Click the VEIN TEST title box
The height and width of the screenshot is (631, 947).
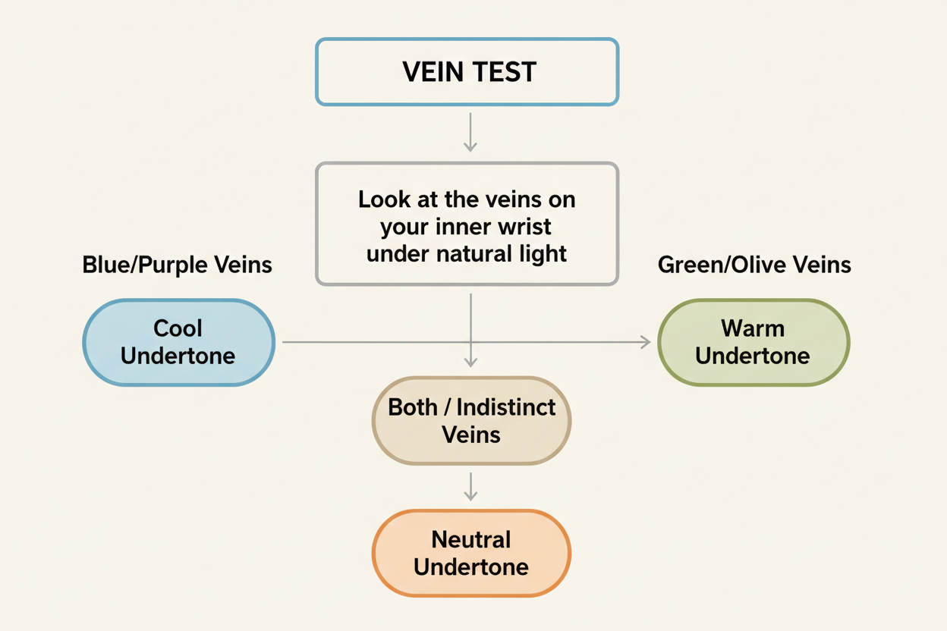click(467, 72)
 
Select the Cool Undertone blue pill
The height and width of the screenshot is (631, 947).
click(178, 342)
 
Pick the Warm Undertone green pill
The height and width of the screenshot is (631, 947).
click(753, 342)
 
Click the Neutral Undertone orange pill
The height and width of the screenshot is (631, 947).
click(471, 553)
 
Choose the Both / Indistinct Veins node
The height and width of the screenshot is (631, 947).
click(471, 420)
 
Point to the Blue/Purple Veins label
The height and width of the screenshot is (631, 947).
click(177, 265)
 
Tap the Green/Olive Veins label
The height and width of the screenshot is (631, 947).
click(754, 265)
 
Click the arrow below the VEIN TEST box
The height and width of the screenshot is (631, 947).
click(470, 133)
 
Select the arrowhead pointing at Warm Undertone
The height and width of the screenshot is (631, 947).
click(646, 342)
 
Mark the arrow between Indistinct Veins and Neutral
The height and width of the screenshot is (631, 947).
click(470, 486)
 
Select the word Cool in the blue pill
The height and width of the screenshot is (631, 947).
click(178, 328)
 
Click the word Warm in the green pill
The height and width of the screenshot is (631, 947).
click(753, 328)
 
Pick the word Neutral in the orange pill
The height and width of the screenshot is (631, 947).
click(471, 540)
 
